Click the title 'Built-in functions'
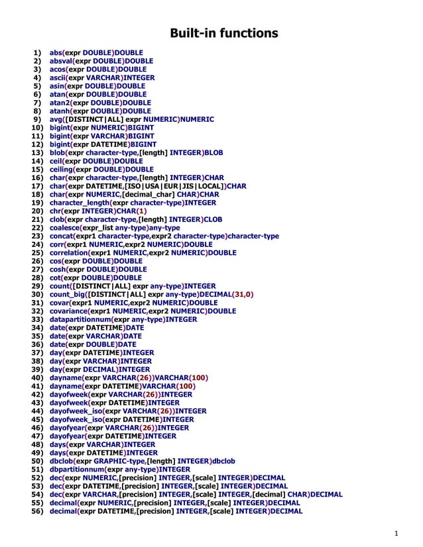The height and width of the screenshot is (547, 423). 224,33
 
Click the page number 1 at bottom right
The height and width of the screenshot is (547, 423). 396,534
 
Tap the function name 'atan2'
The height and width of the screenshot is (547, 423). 60,103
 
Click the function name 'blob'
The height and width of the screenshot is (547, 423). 58,152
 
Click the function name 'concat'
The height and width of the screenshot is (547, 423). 62,236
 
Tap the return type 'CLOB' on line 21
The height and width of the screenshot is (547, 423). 211,219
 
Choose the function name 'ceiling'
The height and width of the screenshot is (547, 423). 62,170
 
